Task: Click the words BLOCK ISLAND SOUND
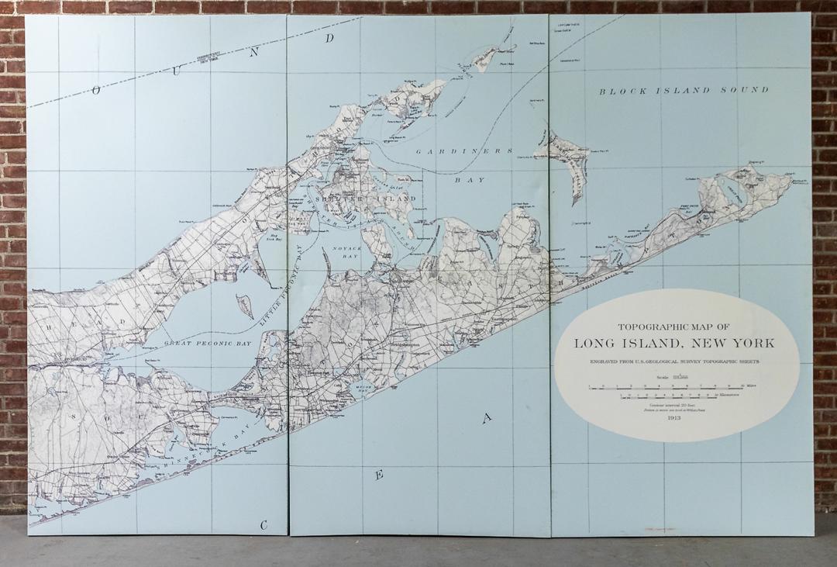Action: [683, 91]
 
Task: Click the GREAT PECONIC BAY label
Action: [209, 341]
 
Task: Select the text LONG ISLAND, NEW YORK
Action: [674, 344]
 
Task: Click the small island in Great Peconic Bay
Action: [245, 305]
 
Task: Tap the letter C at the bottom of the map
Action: [264, 525]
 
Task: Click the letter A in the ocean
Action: [487, 419]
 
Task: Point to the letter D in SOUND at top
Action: [330, 38]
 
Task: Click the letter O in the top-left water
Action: [97, 90]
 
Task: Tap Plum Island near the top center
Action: [484, 58]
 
